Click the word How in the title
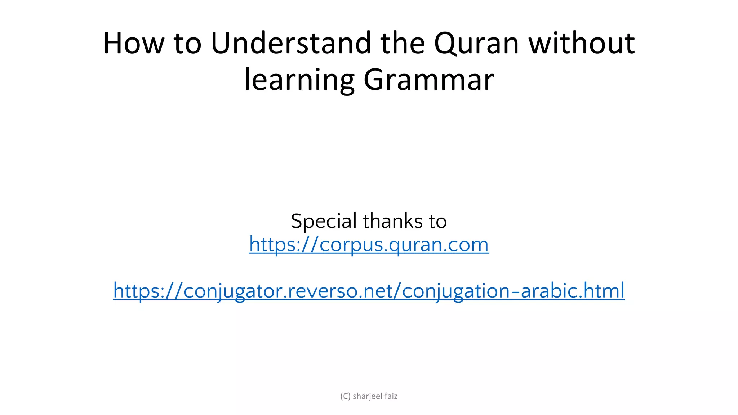[x=133, y=43]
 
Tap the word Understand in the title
[x=291, y=43]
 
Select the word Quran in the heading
[x=476, y=43]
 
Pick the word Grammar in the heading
[x=428, y=80]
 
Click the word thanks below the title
[x=393, y=221]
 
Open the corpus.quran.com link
[x=369, y=245]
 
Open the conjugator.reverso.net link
[x=369, y=291]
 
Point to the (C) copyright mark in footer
[x=345, y=396]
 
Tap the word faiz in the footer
[x=391, y=396]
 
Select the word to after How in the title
[x=187, y=43]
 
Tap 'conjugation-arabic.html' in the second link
[x=513, y=291]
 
